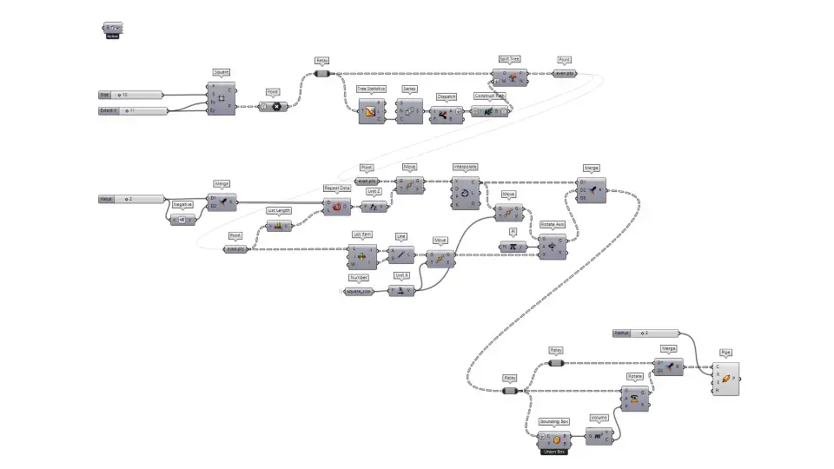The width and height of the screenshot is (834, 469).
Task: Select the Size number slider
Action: point(131,94)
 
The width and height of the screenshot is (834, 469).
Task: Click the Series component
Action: point(409,111)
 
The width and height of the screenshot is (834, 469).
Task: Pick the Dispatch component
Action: point(447,115)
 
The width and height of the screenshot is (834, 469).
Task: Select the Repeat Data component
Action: point(336,206)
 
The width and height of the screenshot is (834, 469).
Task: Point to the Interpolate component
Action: point(465,192)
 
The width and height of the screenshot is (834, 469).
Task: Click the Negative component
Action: point(182,220)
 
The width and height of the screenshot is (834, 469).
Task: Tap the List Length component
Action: point(279,226)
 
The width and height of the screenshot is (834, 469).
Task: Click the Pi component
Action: point(513,247)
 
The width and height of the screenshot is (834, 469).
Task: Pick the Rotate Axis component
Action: point(552,246)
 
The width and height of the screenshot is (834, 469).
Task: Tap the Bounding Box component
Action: point(553,439)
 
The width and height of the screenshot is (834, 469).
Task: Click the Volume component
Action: point(599,436)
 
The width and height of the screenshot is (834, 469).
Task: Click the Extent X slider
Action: point(131,111)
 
